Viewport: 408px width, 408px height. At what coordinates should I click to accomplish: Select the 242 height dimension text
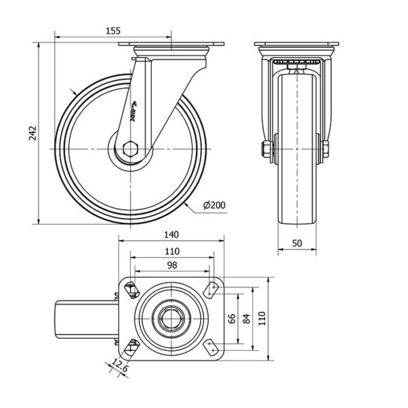31,133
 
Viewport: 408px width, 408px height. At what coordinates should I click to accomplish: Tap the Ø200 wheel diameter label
214,205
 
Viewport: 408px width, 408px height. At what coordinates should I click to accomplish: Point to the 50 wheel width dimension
296,243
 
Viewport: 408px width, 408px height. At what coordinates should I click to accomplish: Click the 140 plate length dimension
171,234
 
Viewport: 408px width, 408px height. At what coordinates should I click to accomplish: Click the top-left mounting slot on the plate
132,290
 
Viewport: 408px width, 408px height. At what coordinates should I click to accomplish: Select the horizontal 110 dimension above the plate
171,250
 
